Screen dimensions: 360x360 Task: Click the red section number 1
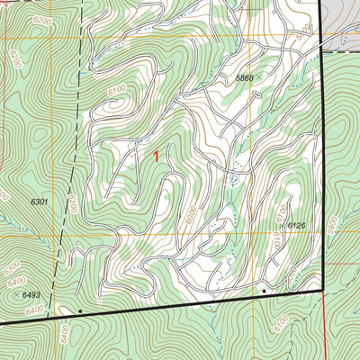[x=156, y=157]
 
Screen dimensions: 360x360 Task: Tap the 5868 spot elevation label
[x=244, y=79]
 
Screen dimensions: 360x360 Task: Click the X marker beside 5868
[x=259, y=79]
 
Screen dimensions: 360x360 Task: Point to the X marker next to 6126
[x=282, y=225]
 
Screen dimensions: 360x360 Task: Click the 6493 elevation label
[x=31, y=294]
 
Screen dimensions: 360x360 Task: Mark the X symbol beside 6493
[x=16, y=294]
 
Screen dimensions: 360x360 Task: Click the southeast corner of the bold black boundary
[x=321, y=291]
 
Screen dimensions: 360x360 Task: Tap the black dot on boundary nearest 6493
[x=80, y=310]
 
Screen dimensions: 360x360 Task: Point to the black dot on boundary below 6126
[x=264, y=292]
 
